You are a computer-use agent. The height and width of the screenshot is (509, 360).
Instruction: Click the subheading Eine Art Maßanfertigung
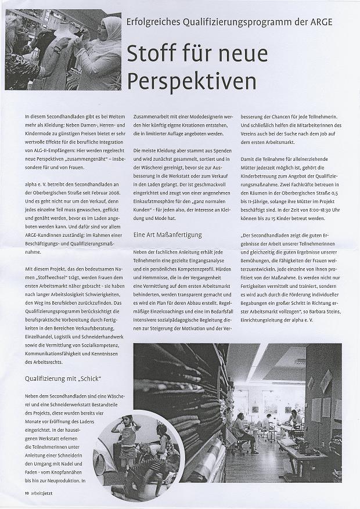point(167,234)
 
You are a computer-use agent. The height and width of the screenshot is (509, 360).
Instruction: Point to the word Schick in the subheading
point(91,379)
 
